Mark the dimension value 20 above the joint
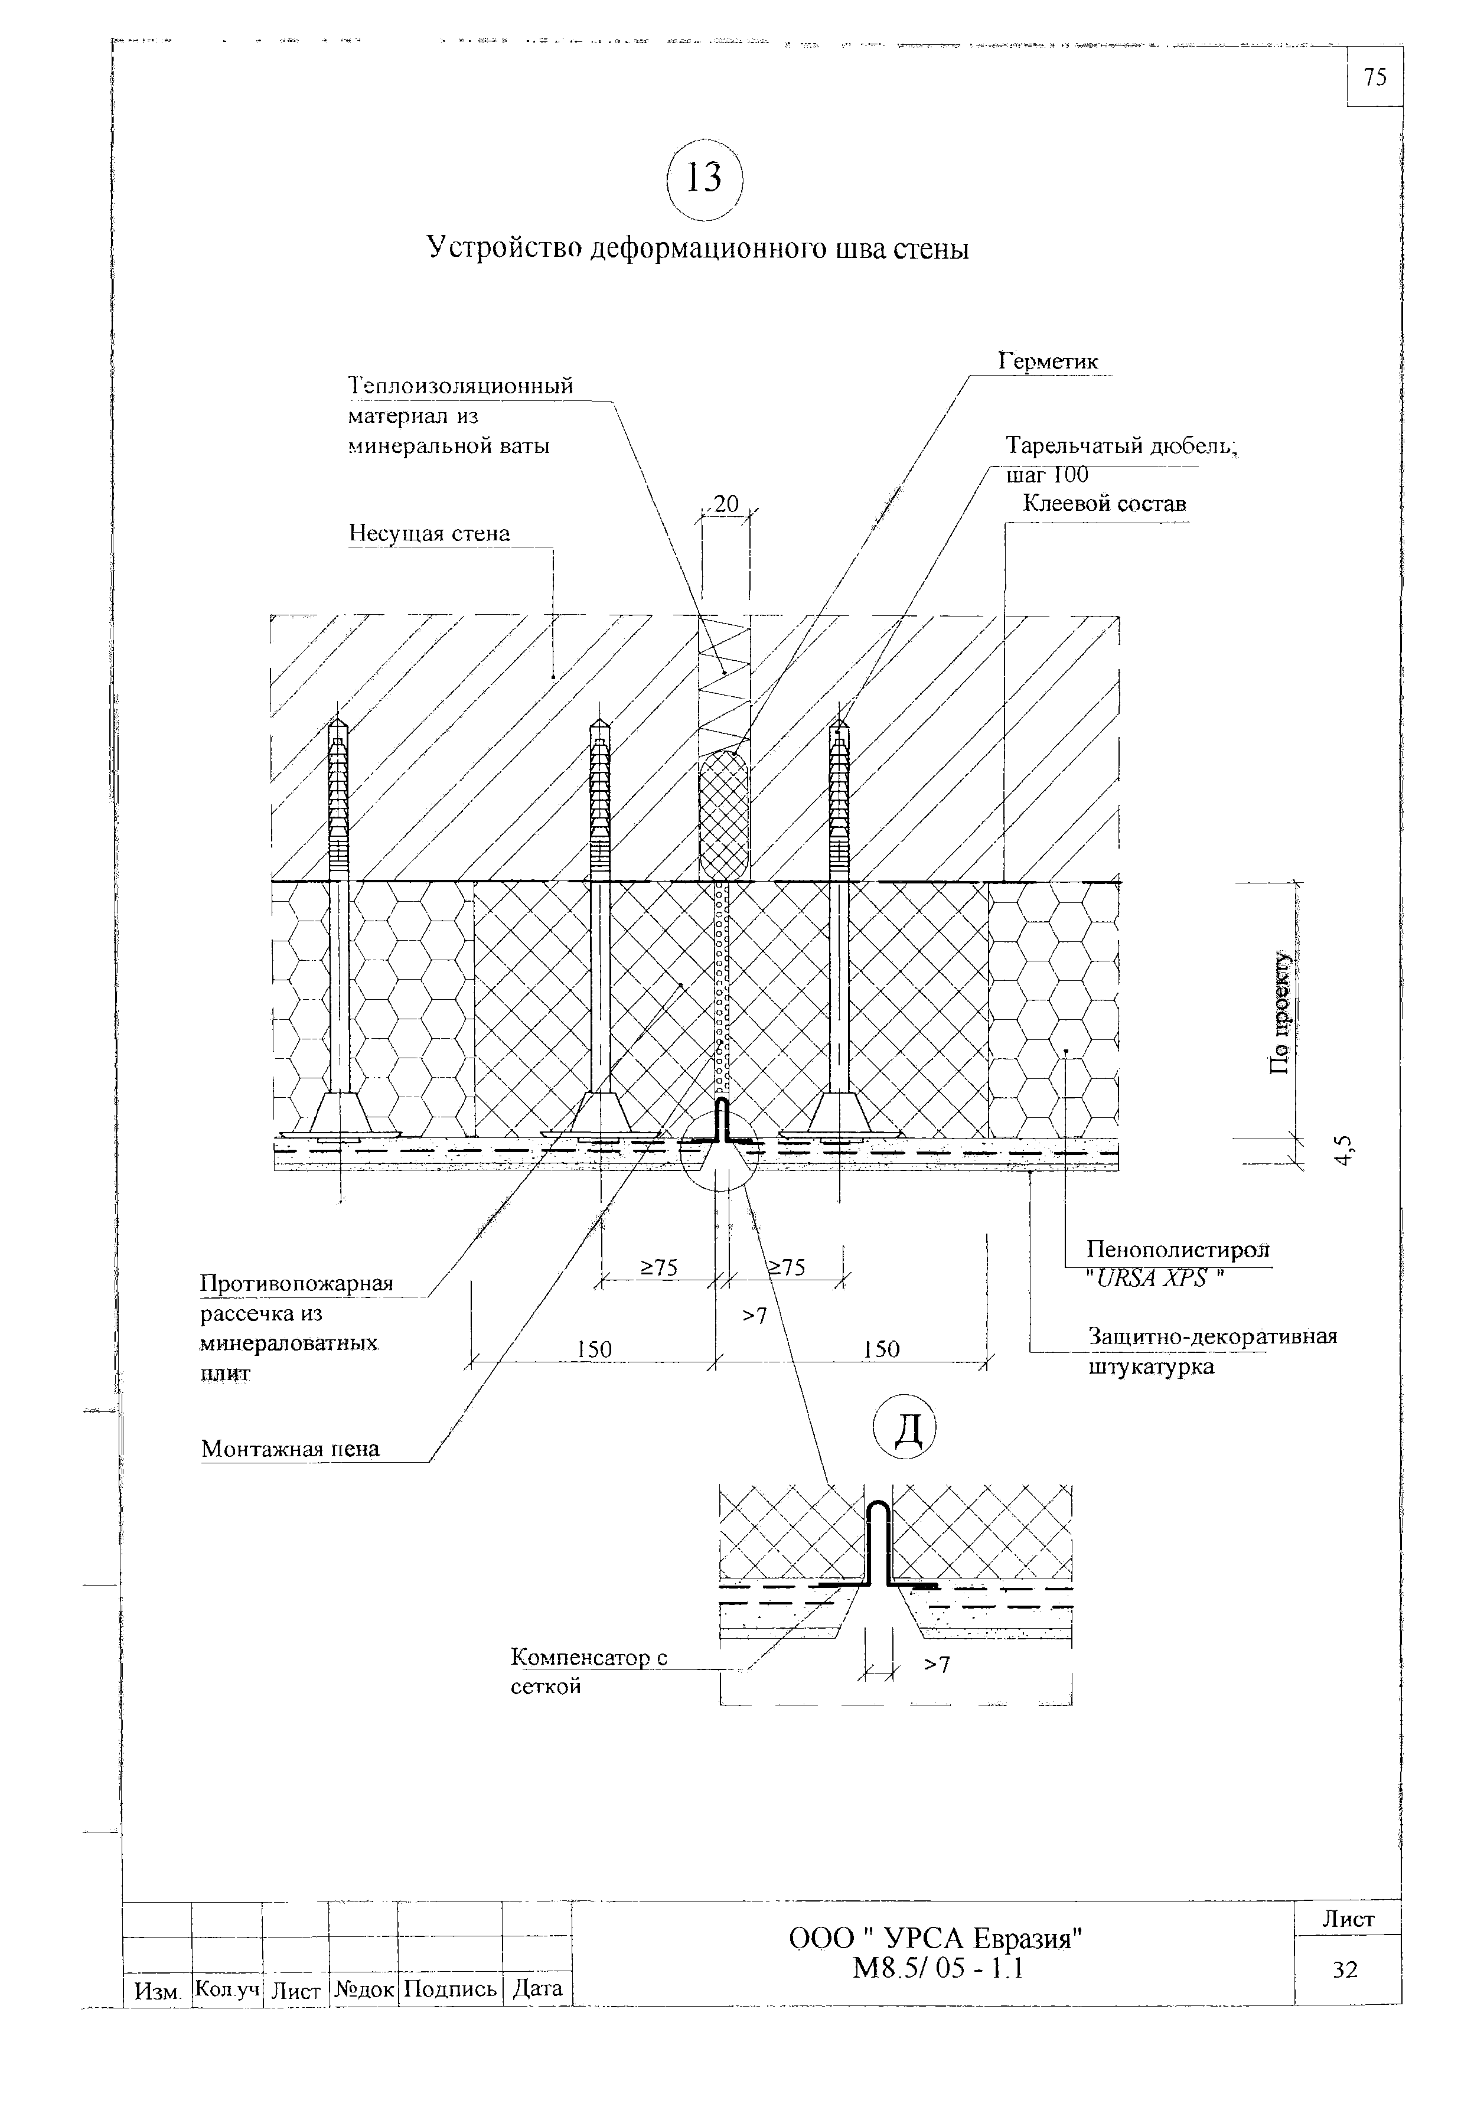tap(726, 504)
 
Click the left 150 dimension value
tap(594, 1349)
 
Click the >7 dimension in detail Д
tap(935, 1664)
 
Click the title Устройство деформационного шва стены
tap(697, 249)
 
